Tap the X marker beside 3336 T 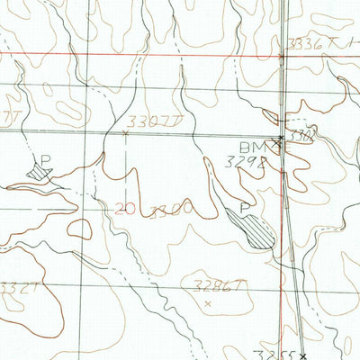point(282,57)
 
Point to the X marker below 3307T point(124,134)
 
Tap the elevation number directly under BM point(241,164)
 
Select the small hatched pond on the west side point(38,169)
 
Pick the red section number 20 point(126,209)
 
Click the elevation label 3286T point(219,285)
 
